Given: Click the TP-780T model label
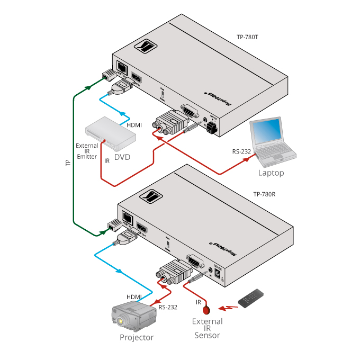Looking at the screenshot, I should (x=247, y=38).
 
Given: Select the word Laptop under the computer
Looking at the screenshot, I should (x=271, y=173).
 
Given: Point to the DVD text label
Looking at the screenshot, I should (x=122, y=157).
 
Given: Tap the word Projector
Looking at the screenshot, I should (x=137, y=337).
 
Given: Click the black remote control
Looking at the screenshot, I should (x=252, y=299).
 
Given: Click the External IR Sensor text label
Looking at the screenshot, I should (x=207, y=328).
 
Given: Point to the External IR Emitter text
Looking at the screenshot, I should (x=87, y=151).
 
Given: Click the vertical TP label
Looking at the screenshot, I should (x=67, y=164).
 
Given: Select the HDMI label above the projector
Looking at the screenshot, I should (x=134, y=296).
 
